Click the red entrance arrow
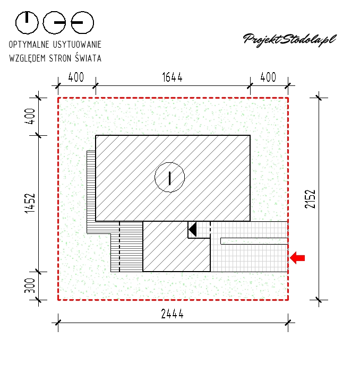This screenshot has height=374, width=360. [297, 258]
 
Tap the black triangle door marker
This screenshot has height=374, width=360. [193, 230]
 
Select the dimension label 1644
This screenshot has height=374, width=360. [173, 77]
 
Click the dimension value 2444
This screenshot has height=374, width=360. [173, 314]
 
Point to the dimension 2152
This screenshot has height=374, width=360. [310, 199]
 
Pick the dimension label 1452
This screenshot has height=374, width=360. [30, 203]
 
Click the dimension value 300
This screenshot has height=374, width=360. [30, 285]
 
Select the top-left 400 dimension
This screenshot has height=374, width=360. [76, 77]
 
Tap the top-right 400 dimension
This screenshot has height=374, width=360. [268, 77]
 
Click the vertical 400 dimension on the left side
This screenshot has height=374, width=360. [30, 116]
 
